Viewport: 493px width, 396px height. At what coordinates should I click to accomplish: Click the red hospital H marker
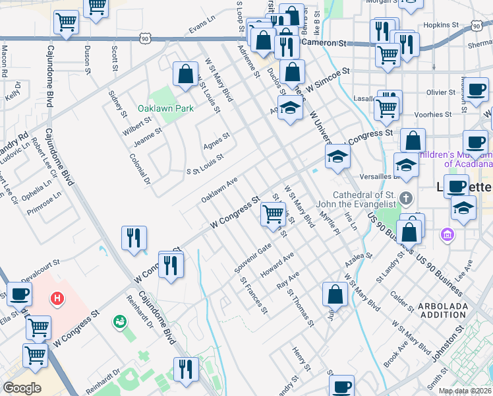(58, 299)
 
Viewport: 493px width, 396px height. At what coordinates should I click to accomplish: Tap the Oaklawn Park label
(159, 108)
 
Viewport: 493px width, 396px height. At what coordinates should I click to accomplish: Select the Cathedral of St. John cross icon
(407, 197)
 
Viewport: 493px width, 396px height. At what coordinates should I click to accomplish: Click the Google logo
(22, 388)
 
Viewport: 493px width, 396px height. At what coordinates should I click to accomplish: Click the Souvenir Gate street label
(253, 259)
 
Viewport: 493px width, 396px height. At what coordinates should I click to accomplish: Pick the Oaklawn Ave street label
(219, 190)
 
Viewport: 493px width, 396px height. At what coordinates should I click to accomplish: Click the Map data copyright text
(465, 391)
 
